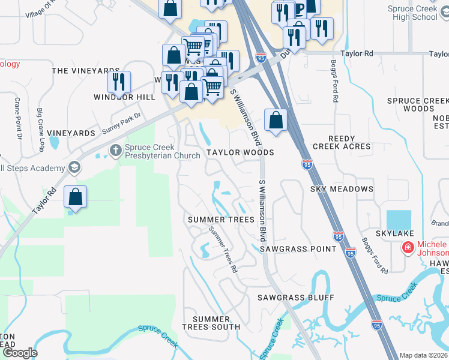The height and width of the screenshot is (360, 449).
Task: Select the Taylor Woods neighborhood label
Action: (240, 153)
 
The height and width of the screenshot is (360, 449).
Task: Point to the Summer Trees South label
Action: (215, 322)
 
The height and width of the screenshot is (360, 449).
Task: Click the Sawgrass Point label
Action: (298, 249)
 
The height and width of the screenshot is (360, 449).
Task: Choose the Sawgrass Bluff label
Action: (295, 298)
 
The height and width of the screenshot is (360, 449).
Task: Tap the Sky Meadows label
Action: (342, 189)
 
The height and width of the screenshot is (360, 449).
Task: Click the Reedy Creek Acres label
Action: (342, 142)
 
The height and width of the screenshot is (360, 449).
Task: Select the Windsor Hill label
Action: (120, 97)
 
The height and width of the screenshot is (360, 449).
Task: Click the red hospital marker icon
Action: (408, 247)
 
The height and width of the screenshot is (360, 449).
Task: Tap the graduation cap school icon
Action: (74, 167)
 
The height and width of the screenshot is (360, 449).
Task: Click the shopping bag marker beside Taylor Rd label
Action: (76, 197)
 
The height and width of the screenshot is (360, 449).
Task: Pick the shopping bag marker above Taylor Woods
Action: (275, 119)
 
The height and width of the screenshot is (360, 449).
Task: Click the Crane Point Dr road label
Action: (18, 118)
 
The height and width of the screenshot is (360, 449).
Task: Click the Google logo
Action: (19, 353)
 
